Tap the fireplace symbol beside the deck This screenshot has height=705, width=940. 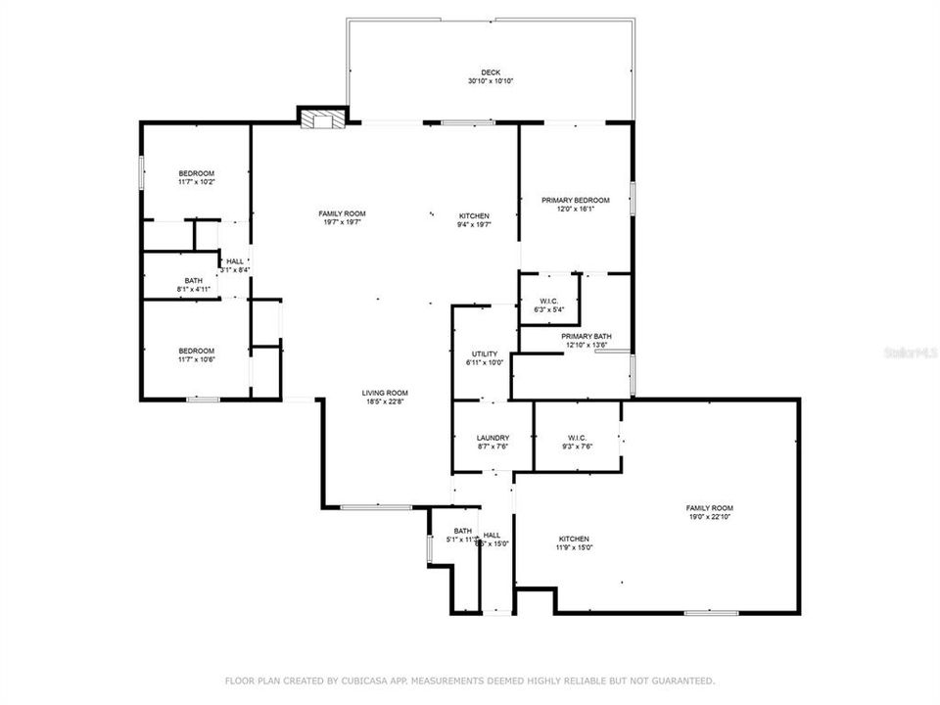tap(322, 119)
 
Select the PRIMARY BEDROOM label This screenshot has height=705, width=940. tap(576, 200)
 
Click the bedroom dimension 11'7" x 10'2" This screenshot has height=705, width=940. tap(196, 182)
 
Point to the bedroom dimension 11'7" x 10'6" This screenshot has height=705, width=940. tap(196, 359)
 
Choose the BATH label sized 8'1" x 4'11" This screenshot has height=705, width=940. tap(194, 281)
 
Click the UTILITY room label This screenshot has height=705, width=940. tap(485, 353)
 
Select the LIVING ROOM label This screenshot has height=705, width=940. tap(385, 393)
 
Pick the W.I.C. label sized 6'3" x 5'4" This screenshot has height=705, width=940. tap(548, 302)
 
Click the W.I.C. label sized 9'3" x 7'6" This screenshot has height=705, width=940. tap(576, 438)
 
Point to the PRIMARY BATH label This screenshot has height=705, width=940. tap(586, 336)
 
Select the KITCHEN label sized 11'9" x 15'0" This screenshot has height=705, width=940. tap(574, 539)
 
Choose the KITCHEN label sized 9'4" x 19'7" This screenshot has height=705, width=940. tap(475, 215)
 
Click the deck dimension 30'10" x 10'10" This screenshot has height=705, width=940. tap(491, 81)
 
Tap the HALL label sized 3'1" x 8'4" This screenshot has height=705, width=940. tap(235, 261)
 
